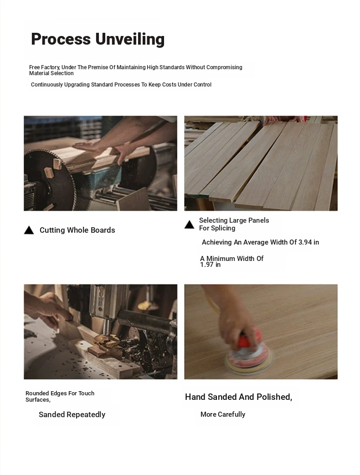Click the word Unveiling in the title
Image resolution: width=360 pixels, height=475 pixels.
(130, 39)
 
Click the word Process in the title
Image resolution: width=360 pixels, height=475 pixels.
(61, 39)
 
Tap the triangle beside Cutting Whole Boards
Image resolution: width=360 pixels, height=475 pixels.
(29, 230)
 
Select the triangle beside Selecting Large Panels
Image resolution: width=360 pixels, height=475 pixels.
(190, 225)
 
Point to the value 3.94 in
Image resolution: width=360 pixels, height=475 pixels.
(309, 242)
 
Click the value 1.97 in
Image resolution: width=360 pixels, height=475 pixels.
(210, 265)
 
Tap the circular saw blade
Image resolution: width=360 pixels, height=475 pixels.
(48, 180)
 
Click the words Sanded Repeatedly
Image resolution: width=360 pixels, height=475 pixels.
(72, 415)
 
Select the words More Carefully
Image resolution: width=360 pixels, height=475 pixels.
(223, 414)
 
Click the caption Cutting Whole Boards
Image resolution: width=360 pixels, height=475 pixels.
(77, 230)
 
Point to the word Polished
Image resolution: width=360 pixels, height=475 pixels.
(274, 397)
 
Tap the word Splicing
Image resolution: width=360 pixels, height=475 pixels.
(223, 229)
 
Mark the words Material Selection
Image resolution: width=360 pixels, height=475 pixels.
(51, 73)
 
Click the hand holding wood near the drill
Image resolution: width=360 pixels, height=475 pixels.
(47, 308)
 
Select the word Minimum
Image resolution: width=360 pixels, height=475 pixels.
(221, 259)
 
